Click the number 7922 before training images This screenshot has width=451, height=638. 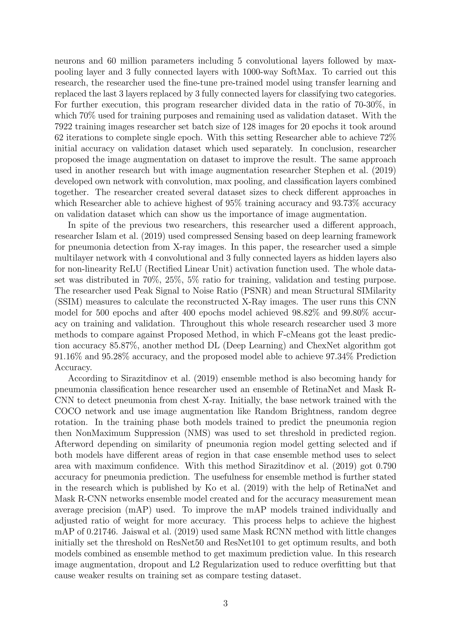click(x=64, y=127)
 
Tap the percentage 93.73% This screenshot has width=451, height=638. click(x=346, y=203)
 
